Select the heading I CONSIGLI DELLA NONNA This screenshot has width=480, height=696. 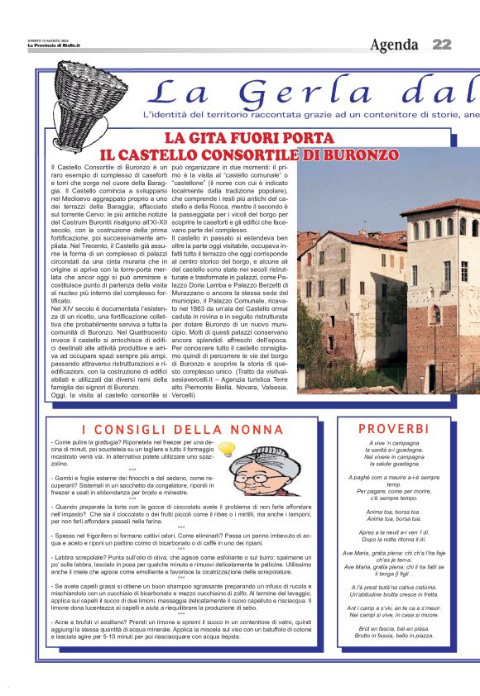[183, 429]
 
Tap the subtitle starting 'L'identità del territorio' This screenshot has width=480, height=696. [306, 113]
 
